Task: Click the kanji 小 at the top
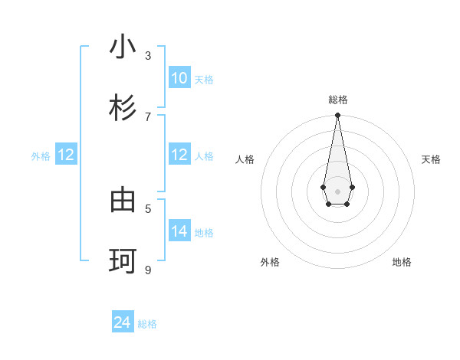tap(123, 47)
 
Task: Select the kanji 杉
tap(123, 108)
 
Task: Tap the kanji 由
tap(123, 201)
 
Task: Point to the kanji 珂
tap(123, 261)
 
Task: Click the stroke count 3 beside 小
tap(148, 55)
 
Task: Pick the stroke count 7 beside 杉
tap(148, 116)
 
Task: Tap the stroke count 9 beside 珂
tap(148, 269)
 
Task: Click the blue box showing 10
tap(179, 78)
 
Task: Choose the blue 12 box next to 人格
tap(179, 155)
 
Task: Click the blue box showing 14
tap(179, 231)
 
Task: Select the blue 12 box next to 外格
tap(66, 155)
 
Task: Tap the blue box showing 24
tap(123, 322)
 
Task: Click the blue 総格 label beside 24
tap(147, 324)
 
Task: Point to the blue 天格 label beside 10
tap(204, 80)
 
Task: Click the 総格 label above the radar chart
tap(337, 100)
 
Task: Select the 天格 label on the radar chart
tap(431, 159)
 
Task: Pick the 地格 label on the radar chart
tap(402, 262)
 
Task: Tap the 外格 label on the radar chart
tap(270, 262)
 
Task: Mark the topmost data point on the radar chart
tap(337, 116)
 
